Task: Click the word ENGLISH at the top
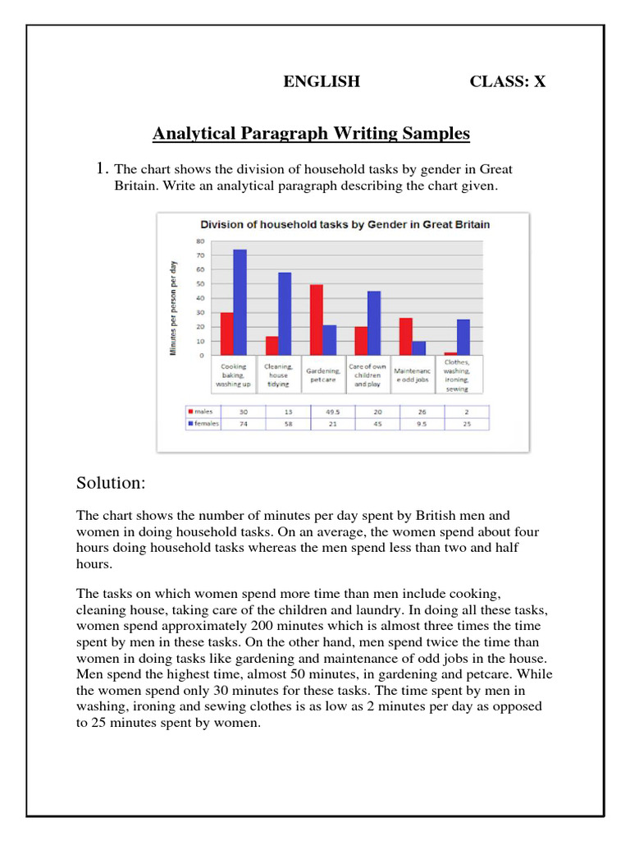pos(322,81)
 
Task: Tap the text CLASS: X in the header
pos(507,81)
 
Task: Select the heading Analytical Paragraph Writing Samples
pos(312,133)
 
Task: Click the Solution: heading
pos(111,482)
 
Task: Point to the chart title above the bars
pos(345,223)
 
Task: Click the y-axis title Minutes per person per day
pos(173,308)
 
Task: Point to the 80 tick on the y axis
pos(200,241)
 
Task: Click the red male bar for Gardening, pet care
pos(316,319)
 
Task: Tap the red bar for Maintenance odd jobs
pos(405,336)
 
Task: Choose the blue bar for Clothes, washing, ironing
pos(463,337)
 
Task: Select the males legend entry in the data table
pos(201,411)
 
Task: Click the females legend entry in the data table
pos(203,424)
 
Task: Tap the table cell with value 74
pos(243,424)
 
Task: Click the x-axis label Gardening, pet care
pos(323,375)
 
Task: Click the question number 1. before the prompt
pos(103,169)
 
